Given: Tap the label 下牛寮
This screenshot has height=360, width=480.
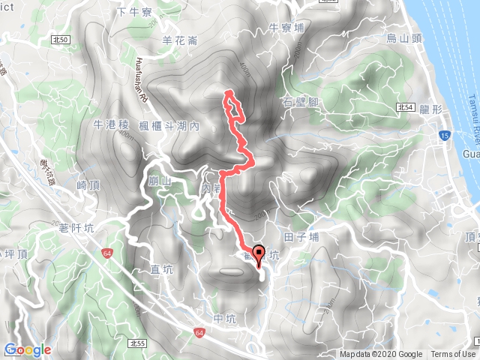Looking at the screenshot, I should click(x=134, y=13).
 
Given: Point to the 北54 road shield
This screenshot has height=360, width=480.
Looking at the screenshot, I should click(x=406, y=107).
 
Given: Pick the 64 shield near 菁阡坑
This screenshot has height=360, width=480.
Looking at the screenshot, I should click(x=109, y=253).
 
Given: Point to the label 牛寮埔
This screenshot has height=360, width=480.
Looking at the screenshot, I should click(x=286, y=28).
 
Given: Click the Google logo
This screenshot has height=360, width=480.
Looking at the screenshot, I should click(x=27, y=349).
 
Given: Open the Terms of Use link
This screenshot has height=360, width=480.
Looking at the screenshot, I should click(x=453, y=355).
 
